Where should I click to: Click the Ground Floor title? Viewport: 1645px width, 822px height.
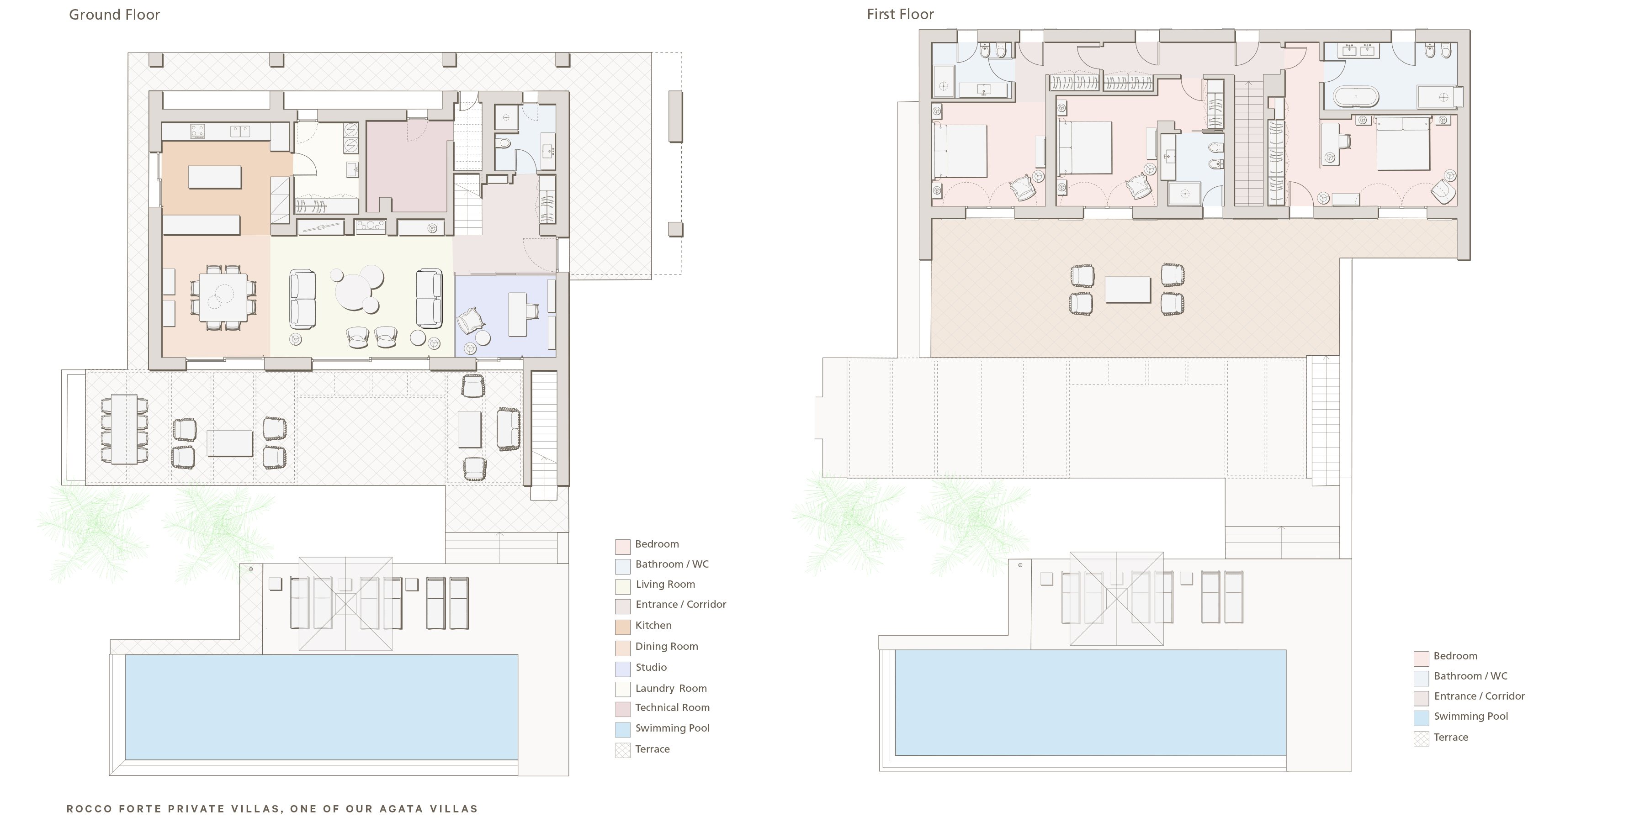tap(114, 15)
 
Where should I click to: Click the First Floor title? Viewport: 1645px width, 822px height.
tap(900, 15)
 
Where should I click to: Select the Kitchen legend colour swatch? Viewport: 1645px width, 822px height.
tap(623, 626)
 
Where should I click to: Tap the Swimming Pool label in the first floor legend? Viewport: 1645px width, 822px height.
tap(1470, 716)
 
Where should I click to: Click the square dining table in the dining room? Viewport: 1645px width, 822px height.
tap(223, 297)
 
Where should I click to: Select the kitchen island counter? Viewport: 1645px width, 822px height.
tap(215, 177)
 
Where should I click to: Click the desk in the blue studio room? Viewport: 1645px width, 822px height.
tap(518, 314)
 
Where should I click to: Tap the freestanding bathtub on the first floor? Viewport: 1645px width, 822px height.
tap(1356, 98)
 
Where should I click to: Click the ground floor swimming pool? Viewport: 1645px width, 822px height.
tap(321, 706)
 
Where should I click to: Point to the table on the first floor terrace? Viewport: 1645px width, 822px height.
tap(1127, 290)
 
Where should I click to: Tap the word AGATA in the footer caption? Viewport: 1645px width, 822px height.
tap(401, 809)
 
